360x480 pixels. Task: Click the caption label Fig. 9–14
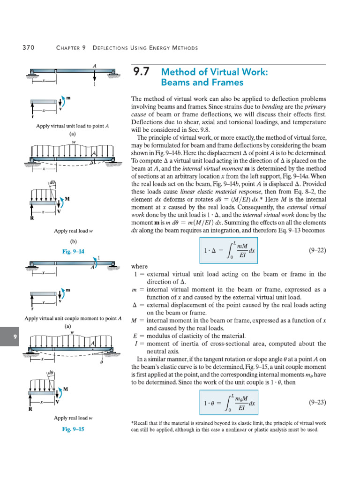coord(74,251)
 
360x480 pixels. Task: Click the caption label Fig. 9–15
coord(74,429)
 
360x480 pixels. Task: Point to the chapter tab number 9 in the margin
coord(15,337)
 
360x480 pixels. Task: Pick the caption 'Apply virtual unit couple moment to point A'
coord(74,318)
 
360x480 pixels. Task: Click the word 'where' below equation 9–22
coord(140,266)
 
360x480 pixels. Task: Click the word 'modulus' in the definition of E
coord(158,336)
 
